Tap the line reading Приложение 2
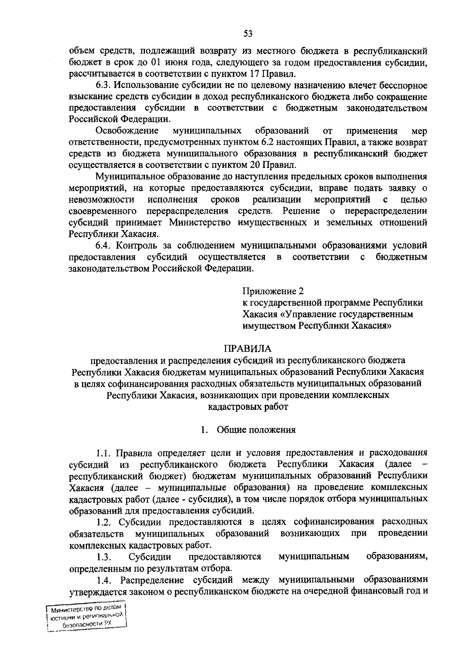point(273,291)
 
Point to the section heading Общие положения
point(256,429)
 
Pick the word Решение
point(301,211)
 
